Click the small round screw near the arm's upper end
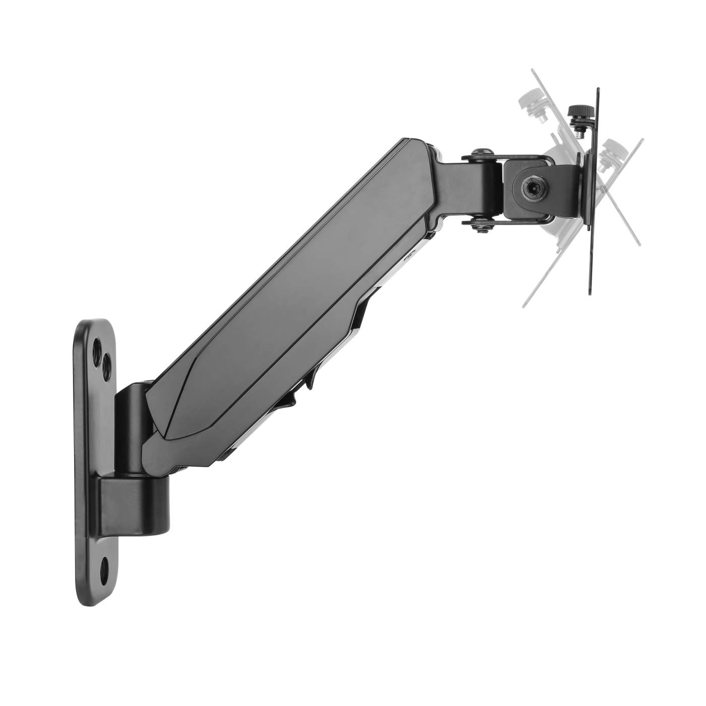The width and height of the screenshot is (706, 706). (413, 255)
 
